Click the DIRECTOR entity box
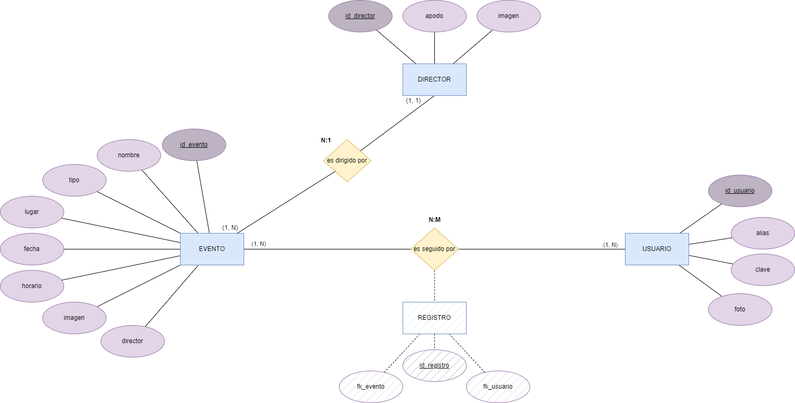434,79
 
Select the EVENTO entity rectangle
212,249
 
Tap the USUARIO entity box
657,249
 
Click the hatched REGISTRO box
434,318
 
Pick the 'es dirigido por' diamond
347,160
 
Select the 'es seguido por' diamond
434,249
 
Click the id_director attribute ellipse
360,16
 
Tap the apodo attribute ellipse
434,16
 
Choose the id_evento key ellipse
194,145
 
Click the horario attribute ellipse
32,286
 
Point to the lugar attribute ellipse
32,212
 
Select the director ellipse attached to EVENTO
132,341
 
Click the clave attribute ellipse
763,270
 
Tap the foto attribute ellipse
740,309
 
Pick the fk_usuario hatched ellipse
498,387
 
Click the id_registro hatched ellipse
434,365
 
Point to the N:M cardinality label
434,220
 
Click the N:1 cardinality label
326,140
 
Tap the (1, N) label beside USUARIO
610,245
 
